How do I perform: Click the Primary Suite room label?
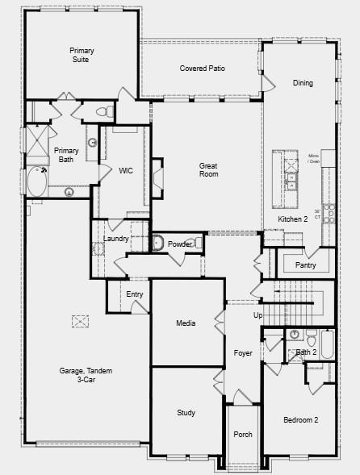[82, 55]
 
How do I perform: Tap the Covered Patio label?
[202, 69]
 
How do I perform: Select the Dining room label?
[303, 83]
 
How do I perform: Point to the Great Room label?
[209, 170]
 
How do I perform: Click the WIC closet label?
[126, 171]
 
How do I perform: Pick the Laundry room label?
[117, 239]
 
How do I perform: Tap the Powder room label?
[179, 244]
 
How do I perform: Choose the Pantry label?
[305, 265]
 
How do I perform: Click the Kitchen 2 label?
[293, 219]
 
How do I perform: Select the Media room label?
[186, 323]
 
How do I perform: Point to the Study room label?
[186, 413]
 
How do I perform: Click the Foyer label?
[243, 353]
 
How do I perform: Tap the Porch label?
[243, 435]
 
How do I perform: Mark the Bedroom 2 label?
[300, 420]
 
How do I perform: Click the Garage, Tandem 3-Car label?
[86, 375]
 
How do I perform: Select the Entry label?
[135, 294]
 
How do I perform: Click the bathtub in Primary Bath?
[36, 181]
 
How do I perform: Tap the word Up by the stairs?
[258, 315]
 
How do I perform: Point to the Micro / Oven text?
[314, 158]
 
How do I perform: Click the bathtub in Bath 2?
[326, 345]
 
